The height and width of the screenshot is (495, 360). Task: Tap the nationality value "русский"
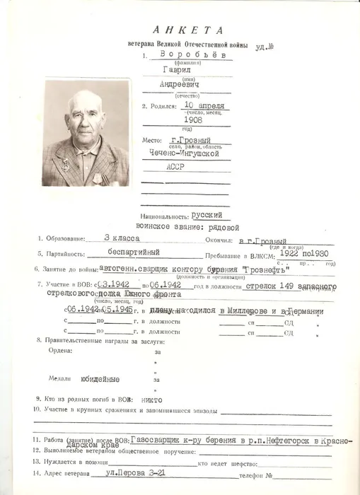pos(209,214)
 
